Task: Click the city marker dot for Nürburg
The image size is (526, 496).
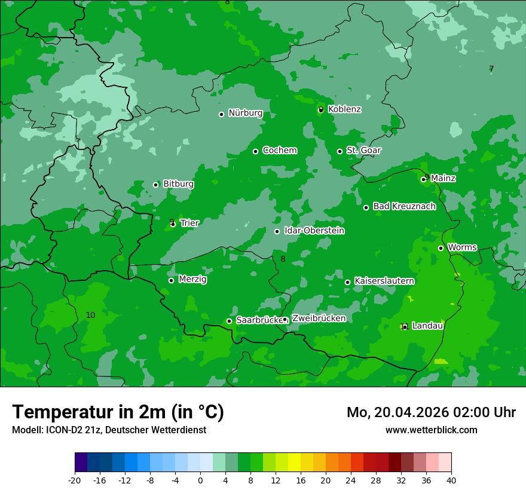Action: tap(221, 114)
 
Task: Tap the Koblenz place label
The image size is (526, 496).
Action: tap(344, 109)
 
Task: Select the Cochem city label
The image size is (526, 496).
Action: tap(279, 151)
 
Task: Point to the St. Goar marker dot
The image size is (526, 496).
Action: tap(340, 151)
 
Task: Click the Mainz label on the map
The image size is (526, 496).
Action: tap(443, 178)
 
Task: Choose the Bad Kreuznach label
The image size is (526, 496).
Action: tap(404, 206)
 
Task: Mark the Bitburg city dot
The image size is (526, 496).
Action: tap(155, 185)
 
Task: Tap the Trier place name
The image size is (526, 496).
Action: tap(189, 223)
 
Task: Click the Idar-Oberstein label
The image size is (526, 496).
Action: tap(314, 231)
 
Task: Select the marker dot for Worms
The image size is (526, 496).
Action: tap(441, 248)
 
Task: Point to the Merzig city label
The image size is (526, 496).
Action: tap(192, 279)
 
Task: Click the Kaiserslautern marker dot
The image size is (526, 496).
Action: tap(347, 282)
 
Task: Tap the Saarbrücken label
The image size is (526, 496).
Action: tap(259, 320)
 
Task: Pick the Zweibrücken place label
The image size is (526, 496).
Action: tap(319, 319)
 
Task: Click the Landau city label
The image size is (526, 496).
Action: tap(427, 326)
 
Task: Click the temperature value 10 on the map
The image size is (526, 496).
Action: tap(90, 315)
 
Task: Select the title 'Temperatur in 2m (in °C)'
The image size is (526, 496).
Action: tap(118, 412)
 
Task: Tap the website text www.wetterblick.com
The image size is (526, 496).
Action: tap(431, 430)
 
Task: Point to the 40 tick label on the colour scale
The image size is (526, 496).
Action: tap(451, 480)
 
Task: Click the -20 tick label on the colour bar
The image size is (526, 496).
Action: tap(75, 480)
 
